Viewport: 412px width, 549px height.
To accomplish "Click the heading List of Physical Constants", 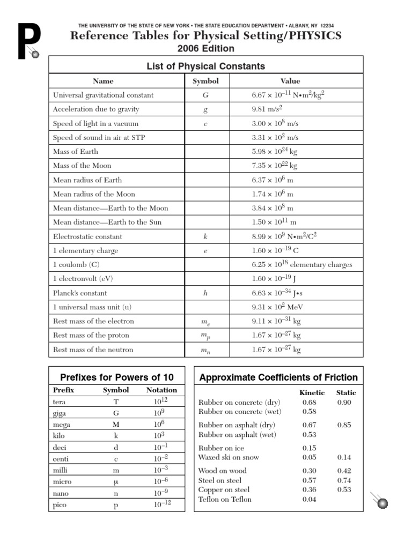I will point(206,66).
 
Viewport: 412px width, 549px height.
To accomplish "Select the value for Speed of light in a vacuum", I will point(275,123).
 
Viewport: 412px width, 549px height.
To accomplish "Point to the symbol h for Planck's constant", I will point(205,293).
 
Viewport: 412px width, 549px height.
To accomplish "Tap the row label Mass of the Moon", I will point(82,166).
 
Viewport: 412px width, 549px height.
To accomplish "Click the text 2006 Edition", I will point(206,49).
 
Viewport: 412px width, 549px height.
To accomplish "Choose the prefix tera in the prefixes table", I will point(59,402).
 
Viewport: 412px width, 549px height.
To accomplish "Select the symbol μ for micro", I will point(116,481).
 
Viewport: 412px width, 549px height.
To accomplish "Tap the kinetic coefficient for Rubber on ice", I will point(309,448).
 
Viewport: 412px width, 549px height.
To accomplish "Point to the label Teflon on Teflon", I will point(225,499).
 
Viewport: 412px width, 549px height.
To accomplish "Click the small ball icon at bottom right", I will point(383,502).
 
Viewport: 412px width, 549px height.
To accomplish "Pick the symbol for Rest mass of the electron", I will point(205,322).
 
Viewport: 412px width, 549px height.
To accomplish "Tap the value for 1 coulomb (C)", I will point(302,265).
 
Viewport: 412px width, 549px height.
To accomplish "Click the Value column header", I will point(290,81).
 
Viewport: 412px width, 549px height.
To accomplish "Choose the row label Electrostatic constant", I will point(87,236).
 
